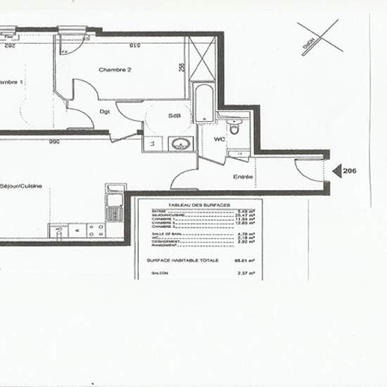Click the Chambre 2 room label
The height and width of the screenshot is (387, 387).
115,70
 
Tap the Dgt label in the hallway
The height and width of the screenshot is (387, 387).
104,111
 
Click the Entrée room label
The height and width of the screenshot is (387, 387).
243,177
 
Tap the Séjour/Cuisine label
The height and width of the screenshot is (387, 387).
21,186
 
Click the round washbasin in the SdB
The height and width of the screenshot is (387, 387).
181,144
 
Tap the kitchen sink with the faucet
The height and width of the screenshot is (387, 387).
114,206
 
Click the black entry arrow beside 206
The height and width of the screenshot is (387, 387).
336,170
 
